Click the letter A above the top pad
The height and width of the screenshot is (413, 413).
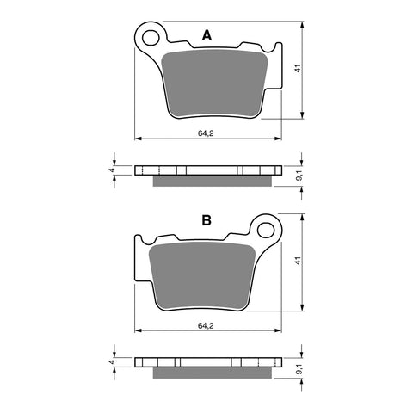[206, 35]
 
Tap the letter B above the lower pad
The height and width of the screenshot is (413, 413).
[206, 221]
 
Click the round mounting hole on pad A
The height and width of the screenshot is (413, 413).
[152, 37]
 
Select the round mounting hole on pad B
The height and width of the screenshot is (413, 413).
[265, 230]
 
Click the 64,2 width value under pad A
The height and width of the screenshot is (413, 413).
[206, 133]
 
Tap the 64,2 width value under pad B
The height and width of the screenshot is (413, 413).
[206, 326]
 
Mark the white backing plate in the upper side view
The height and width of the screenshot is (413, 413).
[206, 170]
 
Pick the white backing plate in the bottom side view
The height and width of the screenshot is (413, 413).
[206, 361]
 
